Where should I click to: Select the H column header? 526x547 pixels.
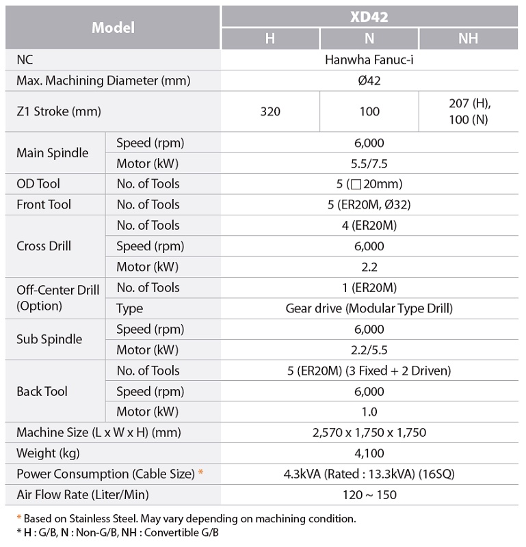coord(270,38)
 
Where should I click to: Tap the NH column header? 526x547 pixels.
coord(468,38)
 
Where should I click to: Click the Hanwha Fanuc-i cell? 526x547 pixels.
coord(369,60)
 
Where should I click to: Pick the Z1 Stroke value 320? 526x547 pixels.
coord(270,111)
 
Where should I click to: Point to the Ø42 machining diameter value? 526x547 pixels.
coord(369,81)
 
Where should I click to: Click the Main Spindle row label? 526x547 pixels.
coord(53,153)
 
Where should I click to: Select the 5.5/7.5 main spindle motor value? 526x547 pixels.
coord(369,163)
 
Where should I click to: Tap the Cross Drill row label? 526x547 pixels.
coord(44,246)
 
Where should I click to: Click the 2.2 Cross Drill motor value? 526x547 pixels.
coord(369,267)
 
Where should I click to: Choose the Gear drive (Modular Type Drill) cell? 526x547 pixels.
coord(369,308)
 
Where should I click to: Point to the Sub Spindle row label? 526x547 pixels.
coord(49,340)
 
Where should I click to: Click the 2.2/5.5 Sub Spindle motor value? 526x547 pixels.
coord(369,350)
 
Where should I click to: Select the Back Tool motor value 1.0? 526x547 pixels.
coord(369,412)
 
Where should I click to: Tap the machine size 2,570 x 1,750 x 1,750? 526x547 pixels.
coord(369,432)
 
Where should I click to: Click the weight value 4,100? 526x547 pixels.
coord(369,453)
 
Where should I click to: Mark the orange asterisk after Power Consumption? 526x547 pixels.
coord(200,472)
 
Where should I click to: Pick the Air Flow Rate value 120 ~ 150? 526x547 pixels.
coord(369,494)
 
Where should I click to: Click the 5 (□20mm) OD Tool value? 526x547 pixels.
coord(369,184)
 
